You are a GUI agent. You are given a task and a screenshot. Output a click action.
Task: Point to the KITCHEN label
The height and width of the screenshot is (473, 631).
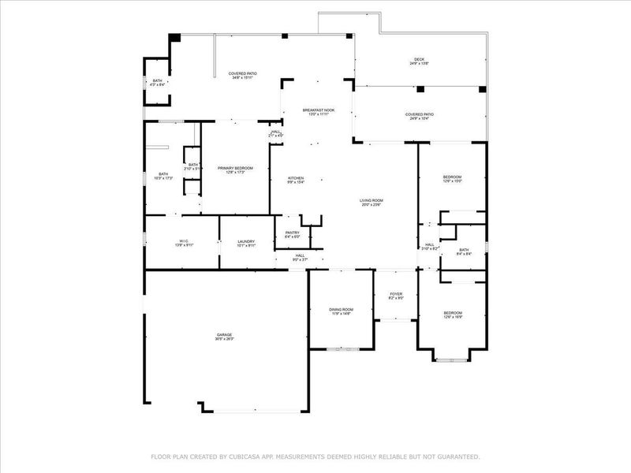[x=296, y=180]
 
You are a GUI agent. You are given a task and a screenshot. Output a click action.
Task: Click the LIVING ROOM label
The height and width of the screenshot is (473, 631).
[x=371, y=203]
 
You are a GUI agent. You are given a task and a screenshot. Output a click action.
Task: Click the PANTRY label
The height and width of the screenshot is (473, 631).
[x=293, y=234]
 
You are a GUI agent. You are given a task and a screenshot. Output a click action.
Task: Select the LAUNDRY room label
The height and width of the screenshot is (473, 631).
[x=246, y=243]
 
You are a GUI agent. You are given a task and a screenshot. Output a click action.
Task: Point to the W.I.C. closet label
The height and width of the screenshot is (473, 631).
[x=183, y=243]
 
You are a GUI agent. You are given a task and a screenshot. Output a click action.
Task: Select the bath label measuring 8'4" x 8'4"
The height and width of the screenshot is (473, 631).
[x=464, y=251]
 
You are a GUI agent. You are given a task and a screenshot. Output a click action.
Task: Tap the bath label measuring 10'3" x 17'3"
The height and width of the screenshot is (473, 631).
[x=163, y=176]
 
